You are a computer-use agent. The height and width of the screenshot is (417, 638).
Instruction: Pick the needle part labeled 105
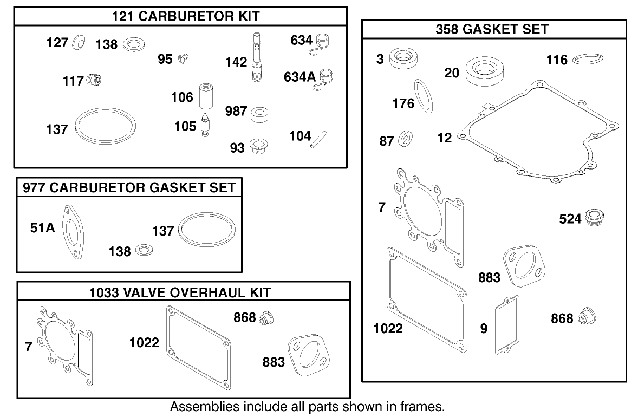(206, 126)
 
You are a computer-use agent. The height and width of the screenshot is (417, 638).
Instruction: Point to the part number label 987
(236, 112)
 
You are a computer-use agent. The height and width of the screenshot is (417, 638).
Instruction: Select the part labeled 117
(94, 81)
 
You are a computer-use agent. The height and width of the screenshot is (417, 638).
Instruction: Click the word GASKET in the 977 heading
(168, 188)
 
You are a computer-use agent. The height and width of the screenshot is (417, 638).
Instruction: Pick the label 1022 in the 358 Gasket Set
(388, 328)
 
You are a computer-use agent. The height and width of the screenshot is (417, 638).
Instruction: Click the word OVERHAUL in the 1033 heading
(188, 293)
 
